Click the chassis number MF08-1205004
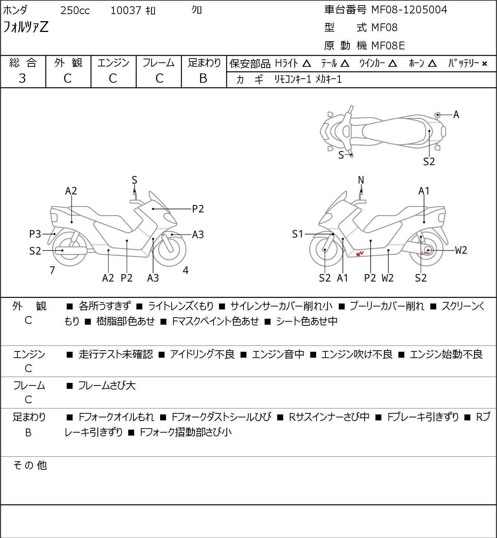point(409,10)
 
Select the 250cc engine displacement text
point(75,10)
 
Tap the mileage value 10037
point(126,10)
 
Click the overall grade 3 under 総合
point(22,78)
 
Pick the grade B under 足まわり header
point(203,78)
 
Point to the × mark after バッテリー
point(484,64)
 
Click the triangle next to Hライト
point(307,63)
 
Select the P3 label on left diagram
point(35,234)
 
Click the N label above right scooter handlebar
point(361,180)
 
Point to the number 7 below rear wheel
point(52,270)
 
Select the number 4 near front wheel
point(186,270)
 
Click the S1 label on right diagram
point(298,234)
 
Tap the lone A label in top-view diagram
point(456,115)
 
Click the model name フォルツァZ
point(26,27)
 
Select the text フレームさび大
point(107,386)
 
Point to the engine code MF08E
point(388,46)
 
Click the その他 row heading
point(30,465)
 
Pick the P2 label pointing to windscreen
point(198,209)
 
